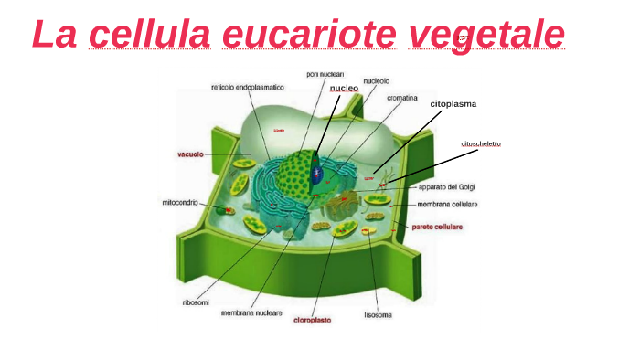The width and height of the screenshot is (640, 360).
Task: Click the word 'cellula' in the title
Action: (150, 35)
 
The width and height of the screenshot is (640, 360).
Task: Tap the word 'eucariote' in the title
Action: (309, 35)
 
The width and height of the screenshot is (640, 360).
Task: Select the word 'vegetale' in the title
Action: (485, 35)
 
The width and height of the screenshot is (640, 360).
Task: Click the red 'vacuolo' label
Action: (189, 154)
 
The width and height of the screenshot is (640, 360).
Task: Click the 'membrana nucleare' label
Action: (249, 312)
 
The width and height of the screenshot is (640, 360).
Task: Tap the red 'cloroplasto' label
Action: (312, 321)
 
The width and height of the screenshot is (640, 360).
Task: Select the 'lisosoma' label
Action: (379, 316)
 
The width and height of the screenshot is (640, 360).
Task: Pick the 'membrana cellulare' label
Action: (447, 205)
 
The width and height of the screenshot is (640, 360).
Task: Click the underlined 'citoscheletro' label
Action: (480, 144)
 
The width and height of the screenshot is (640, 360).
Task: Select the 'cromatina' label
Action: (402, 97)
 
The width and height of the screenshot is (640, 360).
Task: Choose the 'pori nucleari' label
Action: (325, 73)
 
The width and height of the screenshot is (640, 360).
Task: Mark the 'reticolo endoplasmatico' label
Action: (247, 88)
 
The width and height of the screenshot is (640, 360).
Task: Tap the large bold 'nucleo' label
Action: (344, 88)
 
